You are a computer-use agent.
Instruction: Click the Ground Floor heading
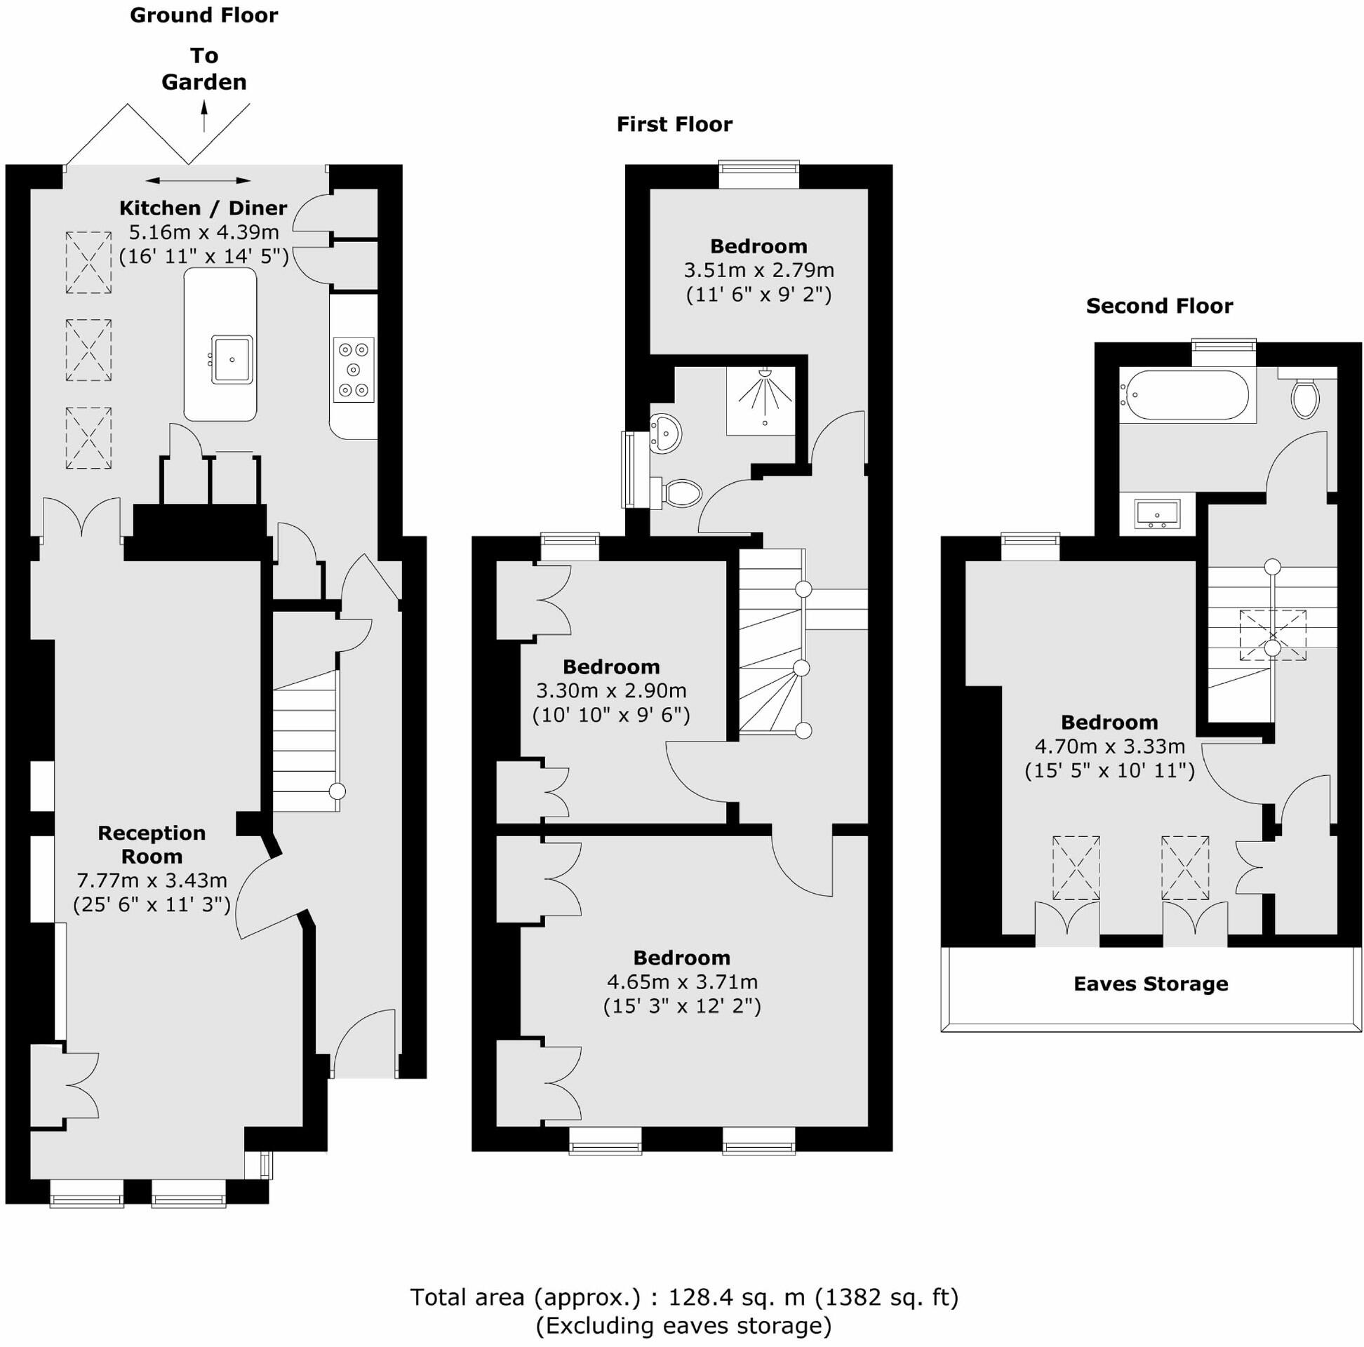(x=204, y=15)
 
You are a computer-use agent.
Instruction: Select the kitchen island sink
(x=232, y=359)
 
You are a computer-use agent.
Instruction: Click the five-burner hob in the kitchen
(x=353, y=370)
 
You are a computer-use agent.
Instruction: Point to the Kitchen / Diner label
(x=203, y=208)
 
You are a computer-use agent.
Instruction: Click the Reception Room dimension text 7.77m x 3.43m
(x=152, y=880)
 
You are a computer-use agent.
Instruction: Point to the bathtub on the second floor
(x=1186, y=396)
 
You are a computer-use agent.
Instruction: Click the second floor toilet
(x=1304, y=398)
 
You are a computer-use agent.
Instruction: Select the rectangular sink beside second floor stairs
(x=1157, y=514)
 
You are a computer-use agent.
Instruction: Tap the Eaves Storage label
(x=1150, y=984)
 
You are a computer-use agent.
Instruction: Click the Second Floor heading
(x=1159, y=306)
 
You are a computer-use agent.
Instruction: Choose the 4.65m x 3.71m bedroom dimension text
(x=682, y=982)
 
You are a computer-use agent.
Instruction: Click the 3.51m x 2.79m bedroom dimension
(x=758, y=270)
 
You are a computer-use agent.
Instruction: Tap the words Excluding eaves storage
(x=683, y=1326)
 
